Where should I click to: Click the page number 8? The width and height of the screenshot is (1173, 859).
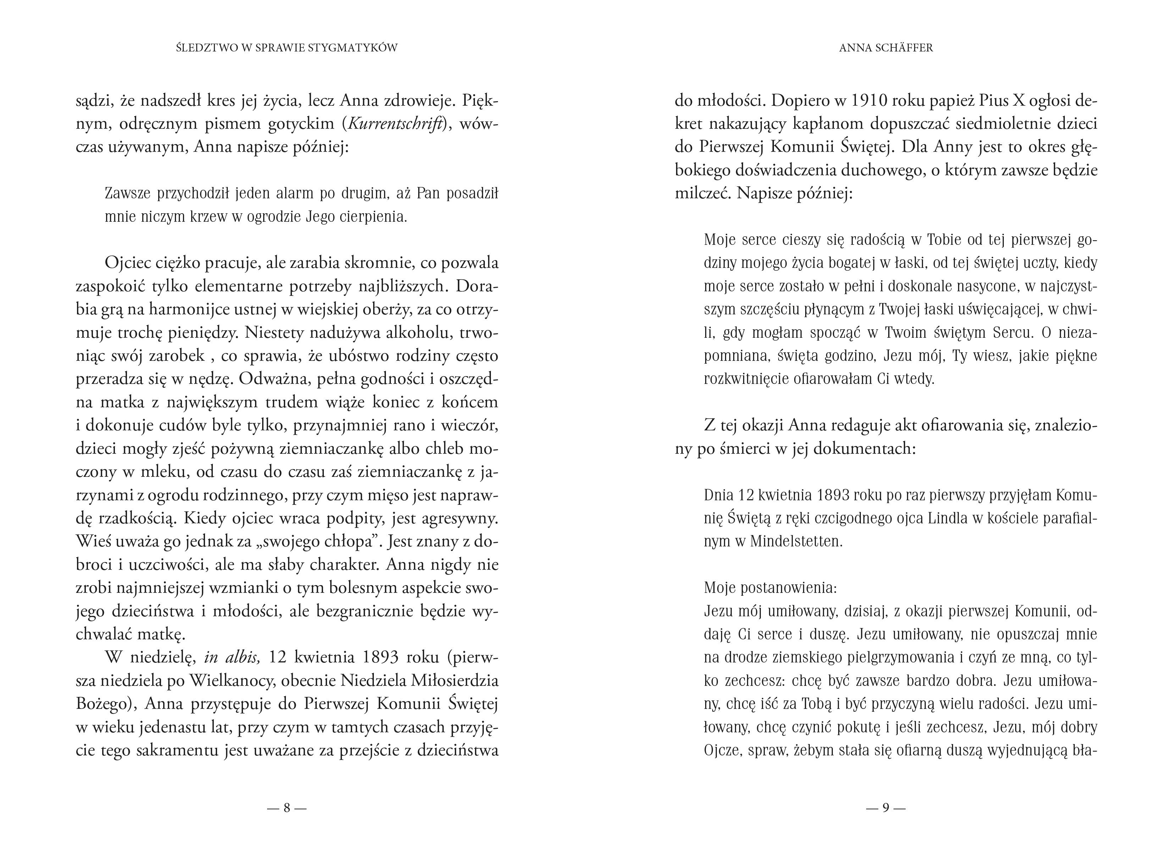tap(286, 808)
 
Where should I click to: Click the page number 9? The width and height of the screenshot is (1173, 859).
tap(886, 808)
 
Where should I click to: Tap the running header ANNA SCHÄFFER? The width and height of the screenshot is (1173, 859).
tap(886, 48)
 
